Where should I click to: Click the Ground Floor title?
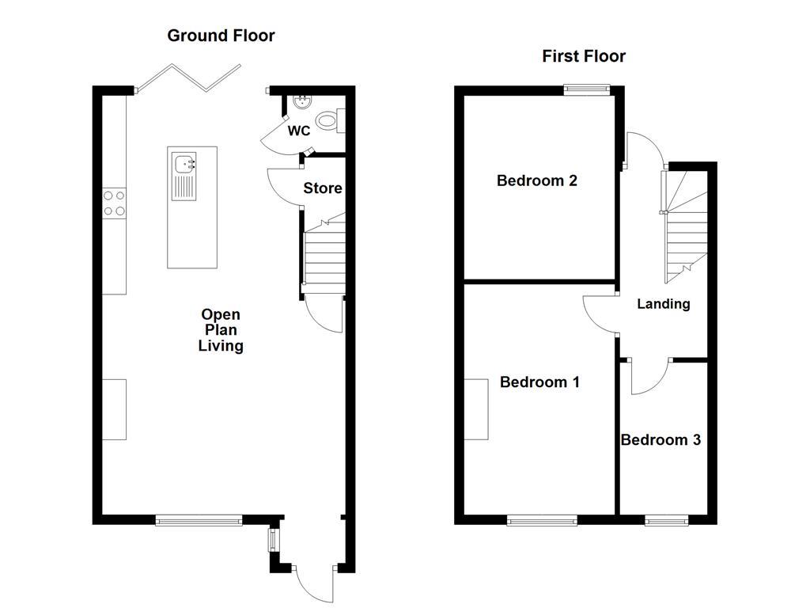coord(221,36)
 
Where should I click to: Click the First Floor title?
coord(584,56)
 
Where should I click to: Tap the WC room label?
coord(298,131)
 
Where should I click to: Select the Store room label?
coord(323,188)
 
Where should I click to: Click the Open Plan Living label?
coord(221,330)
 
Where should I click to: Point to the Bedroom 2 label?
coord(536,180)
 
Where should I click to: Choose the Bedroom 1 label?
coord(539,382)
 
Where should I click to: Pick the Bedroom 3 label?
coord(660,440)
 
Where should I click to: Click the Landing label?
coord(663,303)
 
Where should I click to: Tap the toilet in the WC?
coord(327,121)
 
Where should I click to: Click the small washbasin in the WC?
coord(300,101)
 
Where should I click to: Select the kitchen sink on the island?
coord(185,165)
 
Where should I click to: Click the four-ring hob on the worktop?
coord(114,203)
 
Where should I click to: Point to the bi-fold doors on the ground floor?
coord(188,78)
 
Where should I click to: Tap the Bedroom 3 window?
coord(666,520)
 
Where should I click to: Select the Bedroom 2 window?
coord(586,89)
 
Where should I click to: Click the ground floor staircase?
coord(324,253)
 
